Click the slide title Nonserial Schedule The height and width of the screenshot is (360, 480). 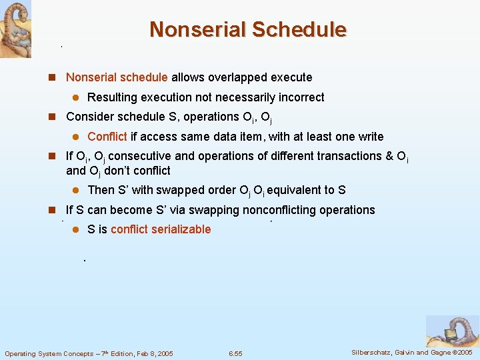tap(247, 30)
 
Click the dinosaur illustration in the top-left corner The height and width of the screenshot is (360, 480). tap(15, 29)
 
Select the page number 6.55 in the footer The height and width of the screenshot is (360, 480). tap(235, 353)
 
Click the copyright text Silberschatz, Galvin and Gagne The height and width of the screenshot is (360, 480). tap(411, 352)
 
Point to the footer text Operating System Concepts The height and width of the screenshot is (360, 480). tap(89, 353)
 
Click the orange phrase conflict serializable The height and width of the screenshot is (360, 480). tap(161, 229)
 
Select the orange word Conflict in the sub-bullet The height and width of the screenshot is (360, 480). tap(107, 137)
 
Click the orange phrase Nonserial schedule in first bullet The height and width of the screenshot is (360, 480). tap(117, 77)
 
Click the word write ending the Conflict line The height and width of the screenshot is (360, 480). tap(370, 137)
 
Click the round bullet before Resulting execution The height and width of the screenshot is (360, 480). tap(76, 97)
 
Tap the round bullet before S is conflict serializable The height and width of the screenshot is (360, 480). tap(76, 229)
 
